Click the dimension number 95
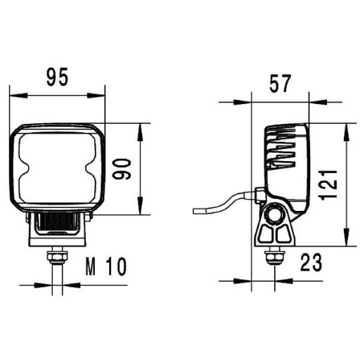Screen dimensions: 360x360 tap(58, 77)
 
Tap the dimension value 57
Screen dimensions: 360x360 tap(280, 85)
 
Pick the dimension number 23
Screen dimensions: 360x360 tap(310, 263)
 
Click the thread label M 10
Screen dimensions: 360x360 tap(105, 266)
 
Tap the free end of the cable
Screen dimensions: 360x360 tap(195, 210)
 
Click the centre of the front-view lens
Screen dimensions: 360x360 tap(58, 169)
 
